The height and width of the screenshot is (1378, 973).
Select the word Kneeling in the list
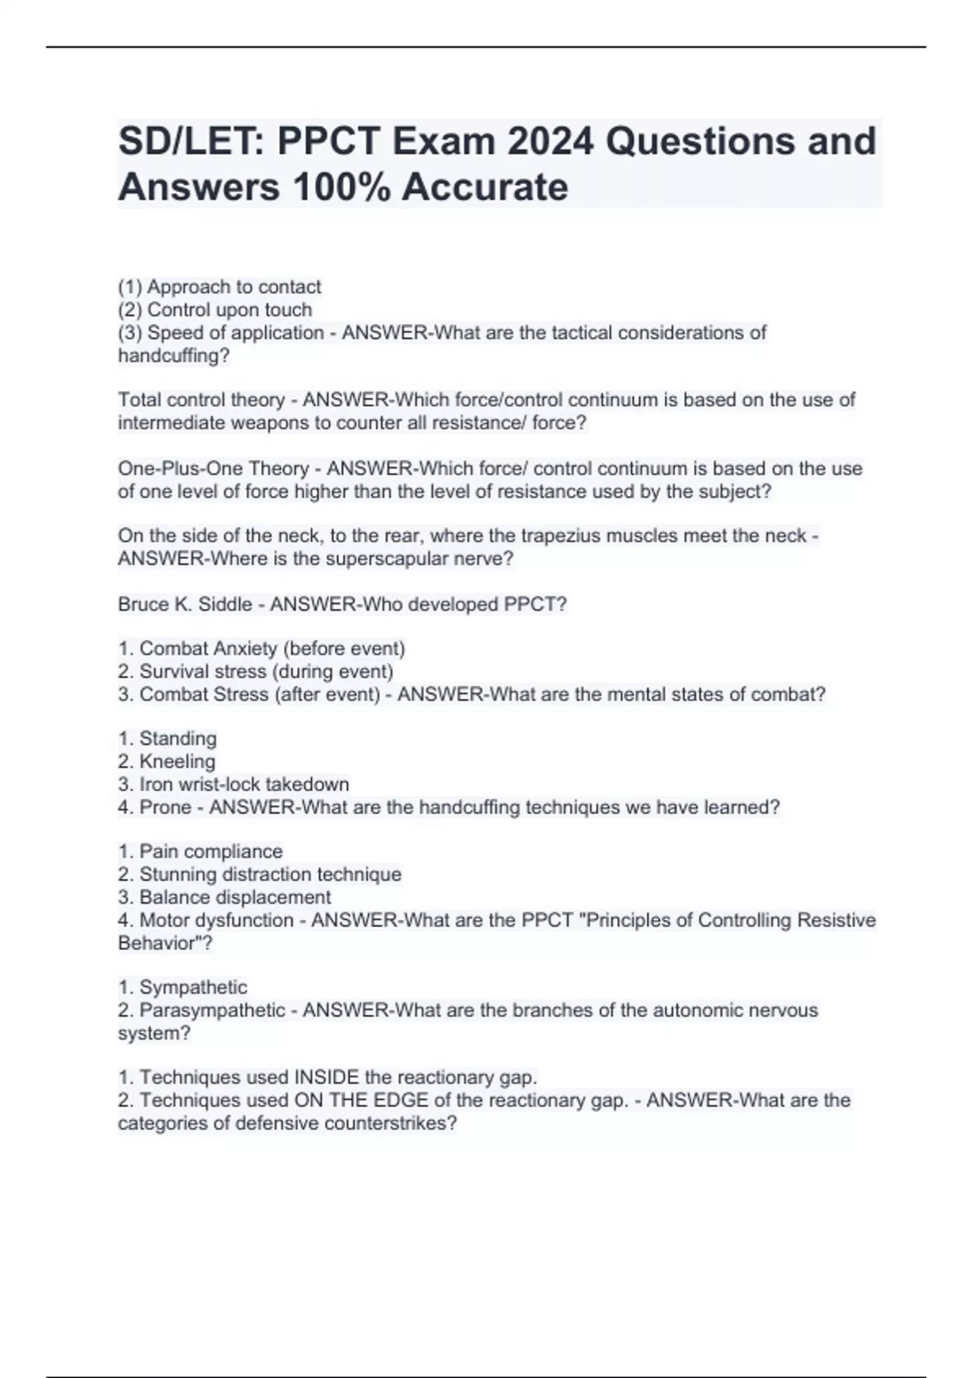pos(178,762)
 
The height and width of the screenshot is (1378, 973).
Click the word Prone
pos(165,807)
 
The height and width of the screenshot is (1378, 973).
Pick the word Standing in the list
pos(178,738)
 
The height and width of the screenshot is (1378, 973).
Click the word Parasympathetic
pos(212,1011)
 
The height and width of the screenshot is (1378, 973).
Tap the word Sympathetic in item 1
pos(193,987)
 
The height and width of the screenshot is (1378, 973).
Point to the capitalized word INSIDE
pos(326,1077)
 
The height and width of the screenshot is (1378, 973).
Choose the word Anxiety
pos(242,649)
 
